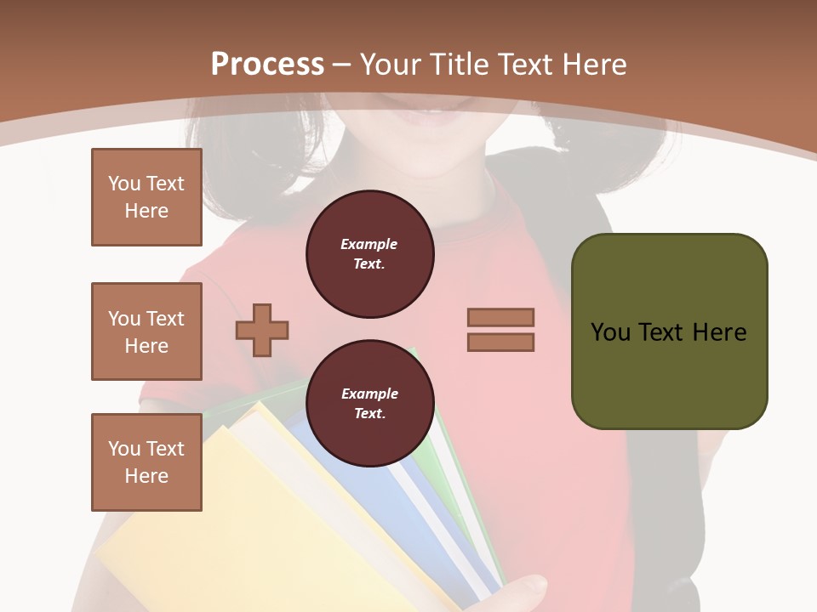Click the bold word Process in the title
coord(267,65)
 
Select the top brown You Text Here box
coord(146,197)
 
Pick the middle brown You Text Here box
coord(146,331)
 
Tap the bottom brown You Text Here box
coord(146,462)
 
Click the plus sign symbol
coord(262,330)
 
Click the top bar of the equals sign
coord(500,317)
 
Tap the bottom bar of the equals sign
coord(500,343)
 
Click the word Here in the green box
coord(719,332)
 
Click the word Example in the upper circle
coord(369,244)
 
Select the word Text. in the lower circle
coord(369,413)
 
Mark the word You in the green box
coord(609,332)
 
